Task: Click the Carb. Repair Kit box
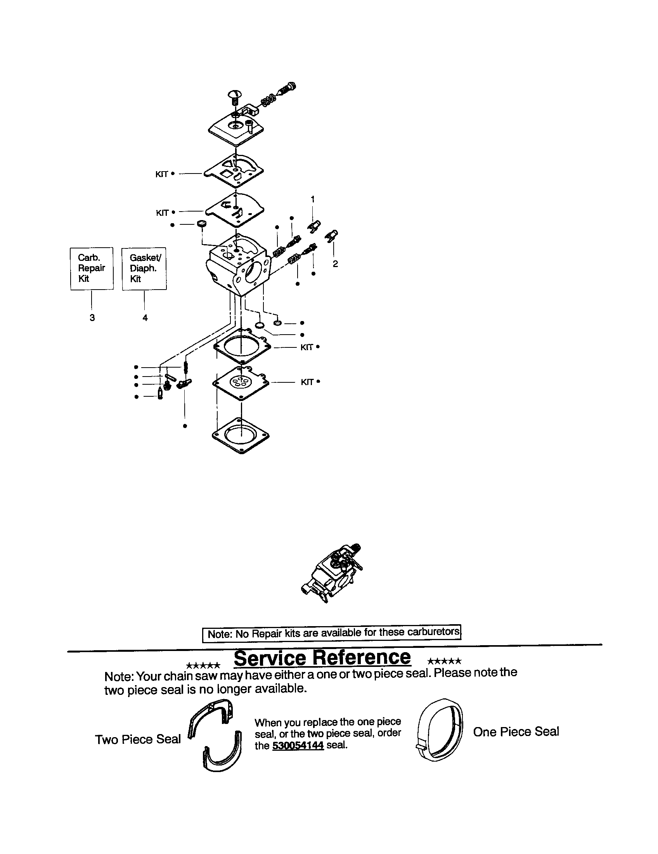coord(92,268)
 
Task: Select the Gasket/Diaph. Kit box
coord(144,268)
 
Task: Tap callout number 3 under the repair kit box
coord(92,318)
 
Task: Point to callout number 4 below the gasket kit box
coord(145,318)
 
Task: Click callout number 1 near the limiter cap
coord(313,199)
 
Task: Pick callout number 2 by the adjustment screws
coord(335,264)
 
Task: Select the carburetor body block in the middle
coord(238,266)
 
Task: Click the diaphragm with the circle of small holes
coord(241,382)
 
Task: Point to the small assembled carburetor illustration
coord(332,573)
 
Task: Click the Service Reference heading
coord(322,658)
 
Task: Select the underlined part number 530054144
coord(298,745)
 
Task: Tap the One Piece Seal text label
coord(516,732)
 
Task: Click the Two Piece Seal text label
coord(138,739)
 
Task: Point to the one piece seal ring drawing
coord(440,731)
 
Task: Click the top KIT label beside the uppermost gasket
coord(162,174)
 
